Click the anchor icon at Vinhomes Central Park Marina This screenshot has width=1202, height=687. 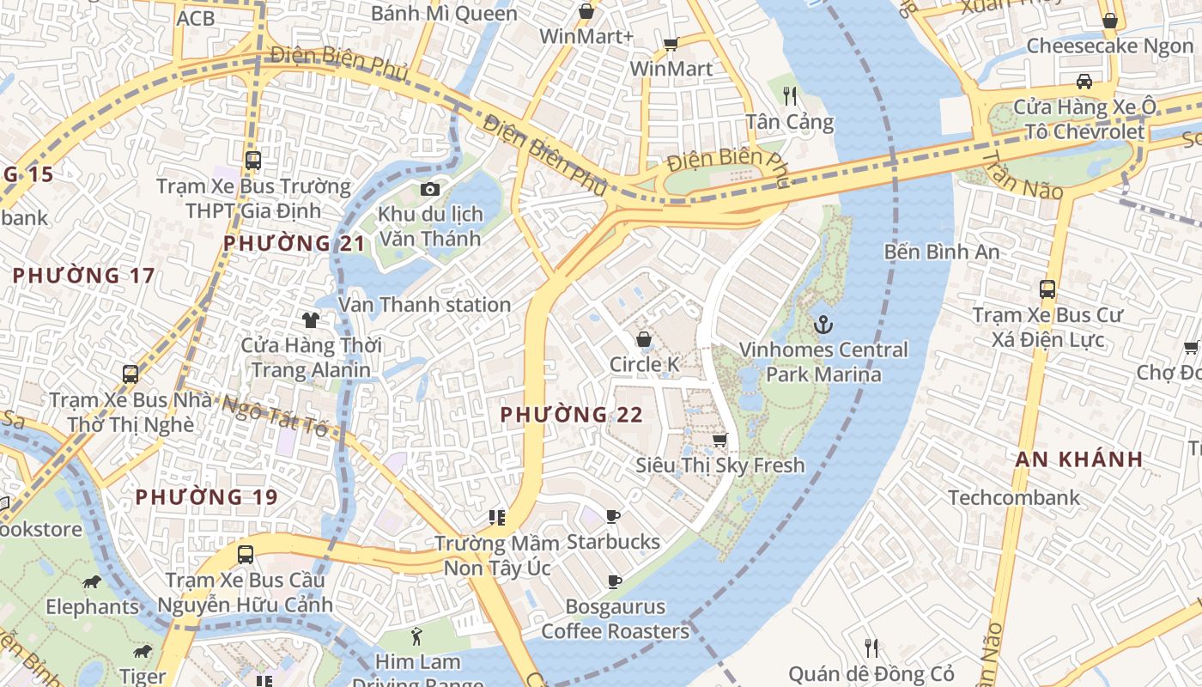[823, 325]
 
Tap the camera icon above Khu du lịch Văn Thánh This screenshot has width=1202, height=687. [430, 189]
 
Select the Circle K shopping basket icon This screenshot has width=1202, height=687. [643, 339]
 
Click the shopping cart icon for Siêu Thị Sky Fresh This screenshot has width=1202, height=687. [719, 440]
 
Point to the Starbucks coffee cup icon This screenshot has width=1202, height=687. [613, 516]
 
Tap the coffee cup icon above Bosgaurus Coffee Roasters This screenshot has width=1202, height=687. [615, 581]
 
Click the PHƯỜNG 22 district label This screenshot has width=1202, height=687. [572, 415]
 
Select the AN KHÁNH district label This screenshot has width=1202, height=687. [1079, 459]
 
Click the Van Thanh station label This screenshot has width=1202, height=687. [424, 305]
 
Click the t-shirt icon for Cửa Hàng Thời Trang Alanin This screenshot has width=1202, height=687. [310, 320]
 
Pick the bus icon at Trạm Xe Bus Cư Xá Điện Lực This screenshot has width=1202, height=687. [1047, 289]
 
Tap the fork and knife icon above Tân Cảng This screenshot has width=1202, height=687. [790, 95]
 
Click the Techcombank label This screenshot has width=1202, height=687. [1014, 497]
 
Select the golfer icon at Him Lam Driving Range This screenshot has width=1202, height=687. [417, 636]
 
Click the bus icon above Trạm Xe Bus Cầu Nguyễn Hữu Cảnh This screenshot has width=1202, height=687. [246, 554]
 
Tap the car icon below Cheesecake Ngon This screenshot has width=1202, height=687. [1084, 82]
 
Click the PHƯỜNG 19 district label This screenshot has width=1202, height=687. [207, 497]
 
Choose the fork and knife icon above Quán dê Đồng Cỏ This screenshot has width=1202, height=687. [871, 647]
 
